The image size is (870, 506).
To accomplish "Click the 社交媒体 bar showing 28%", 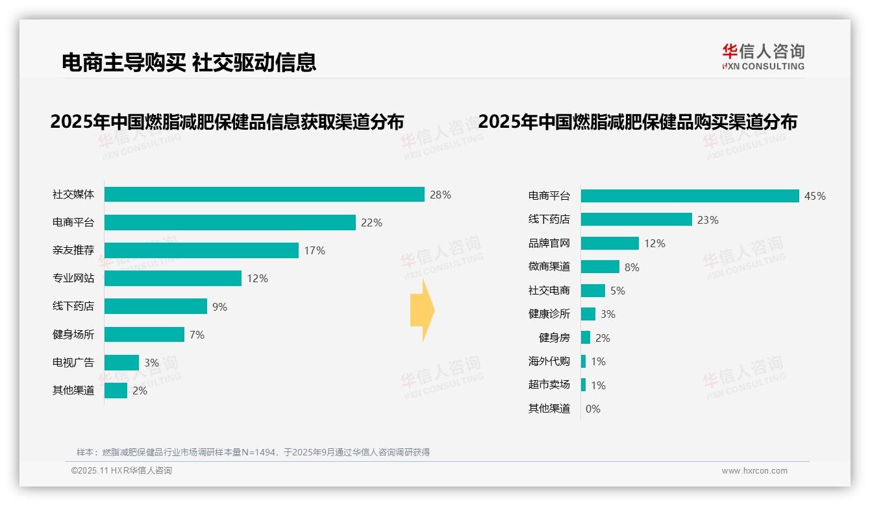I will point(264,195).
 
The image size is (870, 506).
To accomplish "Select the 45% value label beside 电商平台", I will point(815,196).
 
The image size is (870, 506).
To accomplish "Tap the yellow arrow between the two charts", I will point(422,311).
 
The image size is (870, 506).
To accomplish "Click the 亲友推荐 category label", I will point(73,250).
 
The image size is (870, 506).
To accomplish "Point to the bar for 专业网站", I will point(173,278).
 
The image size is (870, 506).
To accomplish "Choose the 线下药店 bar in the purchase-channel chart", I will point(636,220).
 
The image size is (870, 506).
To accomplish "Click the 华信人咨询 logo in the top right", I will point(763,56).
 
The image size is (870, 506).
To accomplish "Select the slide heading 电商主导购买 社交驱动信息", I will point(189,62).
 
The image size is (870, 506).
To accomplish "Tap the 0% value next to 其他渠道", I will point(593,409).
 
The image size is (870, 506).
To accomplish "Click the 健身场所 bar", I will point(144,335).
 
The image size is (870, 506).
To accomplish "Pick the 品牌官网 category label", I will point(549,243).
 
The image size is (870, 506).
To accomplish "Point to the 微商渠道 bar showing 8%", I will point(600,267).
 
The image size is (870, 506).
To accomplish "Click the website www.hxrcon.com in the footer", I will point(754,471).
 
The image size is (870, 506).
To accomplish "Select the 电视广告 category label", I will point(73,363).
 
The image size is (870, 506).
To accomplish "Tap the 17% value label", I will point(315,250).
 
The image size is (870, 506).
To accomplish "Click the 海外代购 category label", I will point(549,361).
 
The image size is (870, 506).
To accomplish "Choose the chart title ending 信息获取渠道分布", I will point(227,122).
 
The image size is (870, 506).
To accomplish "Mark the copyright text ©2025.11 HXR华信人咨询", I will point(121,471).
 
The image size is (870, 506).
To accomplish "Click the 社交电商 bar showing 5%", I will point(593,291).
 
